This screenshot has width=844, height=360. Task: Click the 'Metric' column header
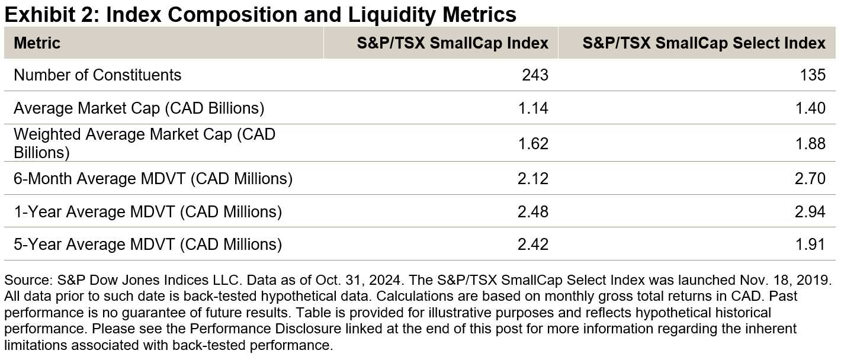[37, 43]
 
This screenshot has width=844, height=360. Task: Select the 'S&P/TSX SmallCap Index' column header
[453, 43]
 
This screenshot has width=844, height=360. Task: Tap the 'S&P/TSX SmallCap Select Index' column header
[704, 43]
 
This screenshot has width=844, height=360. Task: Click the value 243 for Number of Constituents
[535, 75]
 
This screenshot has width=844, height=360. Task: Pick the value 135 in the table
[812, 75]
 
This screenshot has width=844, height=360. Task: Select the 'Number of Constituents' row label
[98, 75]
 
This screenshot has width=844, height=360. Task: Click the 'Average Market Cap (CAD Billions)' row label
[139, 108]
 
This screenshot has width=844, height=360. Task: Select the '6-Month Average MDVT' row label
[153, 178]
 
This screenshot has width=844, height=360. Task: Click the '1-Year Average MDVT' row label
[147, 211]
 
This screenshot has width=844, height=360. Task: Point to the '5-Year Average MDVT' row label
[147, 244]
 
